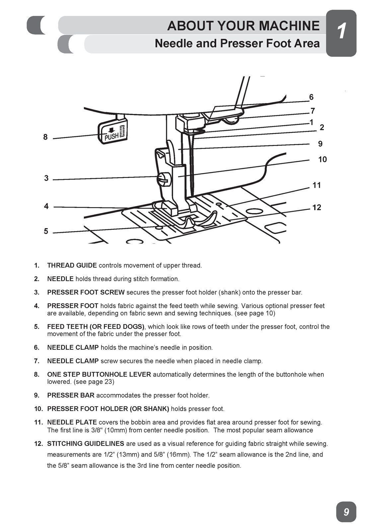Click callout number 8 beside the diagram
click(x=45, y=137)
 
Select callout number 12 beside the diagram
click(x=317, y=207)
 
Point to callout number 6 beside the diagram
click(x=311, y=97)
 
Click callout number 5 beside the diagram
click(x=46, y=231)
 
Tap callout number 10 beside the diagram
click(x=322, y=160)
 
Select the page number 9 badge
click(x=346, y=512)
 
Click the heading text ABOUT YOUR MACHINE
click(x=243, y=26)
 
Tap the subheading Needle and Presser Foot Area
click(x=237, y=43)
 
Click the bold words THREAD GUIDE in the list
click(x=72, y=265)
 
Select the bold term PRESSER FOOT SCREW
click(x=86, y=292)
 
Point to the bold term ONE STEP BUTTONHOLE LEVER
click(x=99, y=374)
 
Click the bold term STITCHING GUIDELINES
click(x=86, y=444)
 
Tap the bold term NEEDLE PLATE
click(x=72, y=422)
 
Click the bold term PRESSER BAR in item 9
click(x=71, y=395)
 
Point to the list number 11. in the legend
click(x=38, y=422)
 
